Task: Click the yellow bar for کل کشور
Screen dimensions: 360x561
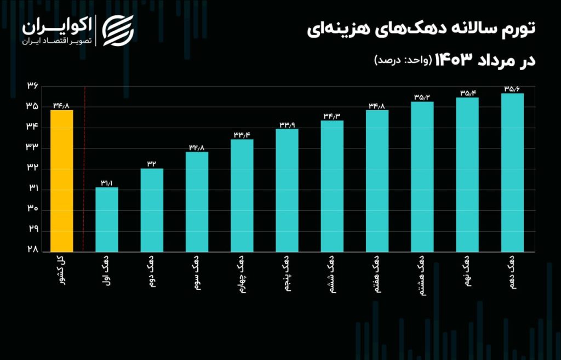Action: (61, 181)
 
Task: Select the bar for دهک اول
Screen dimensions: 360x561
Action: (106, 219)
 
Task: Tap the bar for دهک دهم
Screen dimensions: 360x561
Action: (513, 173)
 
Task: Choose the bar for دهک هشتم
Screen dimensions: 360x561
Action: (422, 176)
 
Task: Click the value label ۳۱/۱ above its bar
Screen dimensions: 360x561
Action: (106, 183)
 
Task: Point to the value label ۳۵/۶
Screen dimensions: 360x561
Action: (513, 88)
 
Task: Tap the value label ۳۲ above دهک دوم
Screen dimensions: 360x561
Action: (152, 164)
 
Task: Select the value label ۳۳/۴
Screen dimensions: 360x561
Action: (242, 135)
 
